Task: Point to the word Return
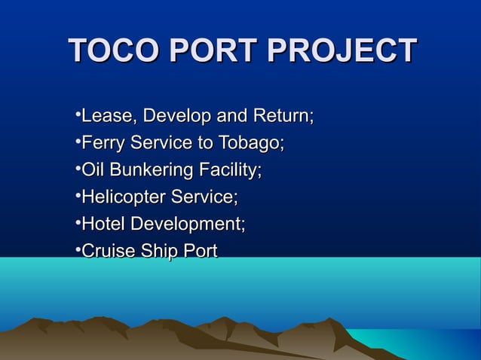pyautogui.click(x=282, y=117)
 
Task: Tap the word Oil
pyautogui.click(x=92, y=170)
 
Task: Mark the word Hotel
pyautogui.click(x=103, y=224)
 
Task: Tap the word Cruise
pyautogui.click(x=106, y=251)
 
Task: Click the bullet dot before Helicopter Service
pyautogui.click(x=78, y=195)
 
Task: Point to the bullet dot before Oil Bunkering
pyautogui.click(x=78, y=168)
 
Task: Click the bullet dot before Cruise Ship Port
pyautogui.click(x=78, y=249)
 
